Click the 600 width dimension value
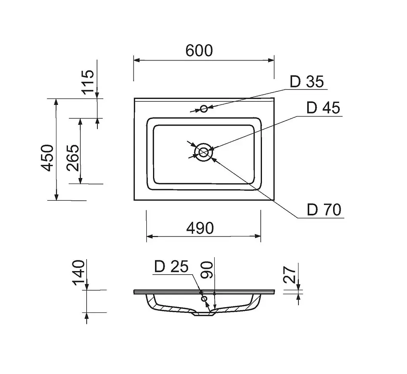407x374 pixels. coord(199,50)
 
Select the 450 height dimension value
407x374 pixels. coord(48,158)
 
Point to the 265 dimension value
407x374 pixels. coord(73,157)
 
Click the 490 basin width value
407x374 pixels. coord(200,228)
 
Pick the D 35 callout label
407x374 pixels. coord(307,82)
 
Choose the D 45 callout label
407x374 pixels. coord(323,108)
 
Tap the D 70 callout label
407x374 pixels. coord(324,210)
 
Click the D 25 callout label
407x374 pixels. coord(171,267)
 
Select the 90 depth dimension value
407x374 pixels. coord(207,270)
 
